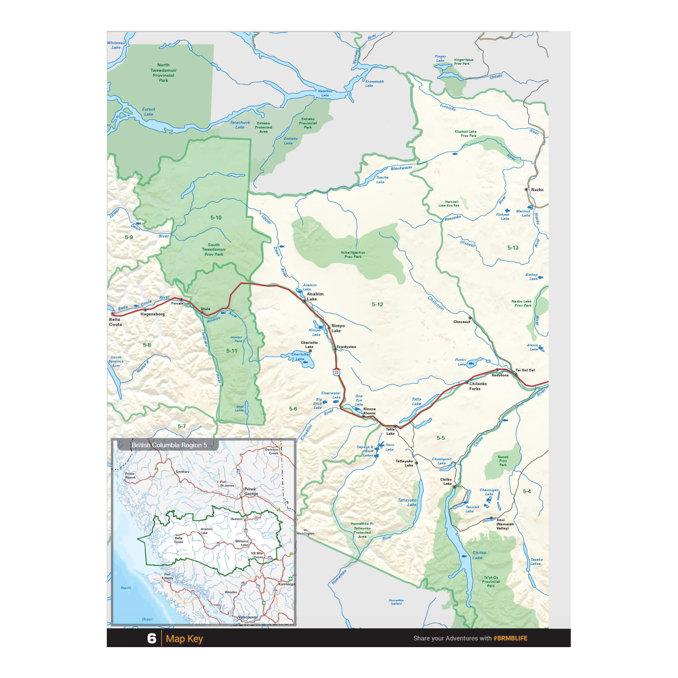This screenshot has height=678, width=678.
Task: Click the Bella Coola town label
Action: [x=115, y=322]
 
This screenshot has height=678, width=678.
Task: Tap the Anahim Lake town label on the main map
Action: [x=315, y=296]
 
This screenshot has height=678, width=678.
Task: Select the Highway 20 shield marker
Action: [x=336, y=371]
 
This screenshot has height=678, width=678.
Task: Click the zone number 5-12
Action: [x=377, y=305]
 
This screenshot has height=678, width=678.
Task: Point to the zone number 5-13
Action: [x=513, y=248]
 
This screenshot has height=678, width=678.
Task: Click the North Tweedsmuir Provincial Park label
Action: [x=164, y=73]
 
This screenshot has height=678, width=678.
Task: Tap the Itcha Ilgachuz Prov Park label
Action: [x=353, y=255]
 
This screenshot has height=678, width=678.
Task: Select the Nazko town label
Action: [x=537, y=190]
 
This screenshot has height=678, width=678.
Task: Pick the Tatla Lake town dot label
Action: [x=390, y=431]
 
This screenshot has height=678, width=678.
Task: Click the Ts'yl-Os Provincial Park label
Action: [x=491, y=582]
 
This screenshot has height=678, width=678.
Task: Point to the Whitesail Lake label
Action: [x=116, y=45]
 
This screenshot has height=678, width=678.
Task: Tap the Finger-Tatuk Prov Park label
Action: [x=464, y=62]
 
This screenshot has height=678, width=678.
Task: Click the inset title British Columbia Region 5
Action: [x=169, y=445]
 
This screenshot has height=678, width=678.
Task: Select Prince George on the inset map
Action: [x=251, y=491]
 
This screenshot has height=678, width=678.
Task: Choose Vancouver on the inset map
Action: [x=248, y=617]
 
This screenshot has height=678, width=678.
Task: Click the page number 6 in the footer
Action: [x=151, y=638]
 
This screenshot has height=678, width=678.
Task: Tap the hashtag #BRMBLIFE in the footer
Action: [x=510, y=638]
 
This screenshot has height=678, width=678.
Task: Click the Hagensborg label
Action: [x=152, y=314]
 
